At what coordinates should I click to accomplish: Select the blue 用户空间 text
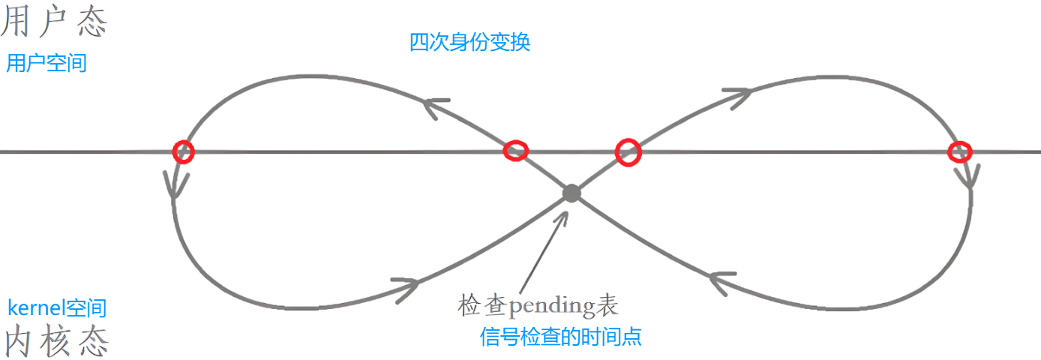[x=46, y=63]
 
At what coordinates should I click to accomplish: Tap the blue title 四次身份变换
[x=470, y=42]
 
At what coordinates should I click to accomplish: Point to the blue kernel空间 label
[x=57, y=307]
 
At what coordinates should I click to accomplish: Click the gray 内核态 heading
[x=56, y=341]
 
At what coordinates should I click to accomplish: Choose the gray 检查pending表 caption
[x=538, y=305]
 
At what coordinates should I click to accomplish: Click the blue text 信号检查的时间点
[x=560, y=337]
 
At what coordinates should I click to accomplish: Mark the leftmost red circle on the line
[x=183, y=151]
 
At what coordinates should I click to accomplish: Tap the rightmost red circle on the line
[x=959, y=151]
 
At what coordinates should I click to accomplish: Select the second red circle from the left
[x=514, y=151]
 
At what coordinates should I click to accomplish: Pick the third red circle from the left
[x=628, y=151]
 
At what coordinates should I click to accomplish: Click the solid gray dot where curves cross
[x=571, y=193]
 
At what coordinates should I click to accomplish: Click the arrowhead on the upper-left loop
[x=436, y=106]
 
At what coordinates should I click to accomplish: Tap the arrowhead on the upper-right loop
[x=738, y=94]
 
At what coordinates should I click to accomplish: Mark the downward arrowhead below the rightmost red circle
[x=968, y=176]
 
